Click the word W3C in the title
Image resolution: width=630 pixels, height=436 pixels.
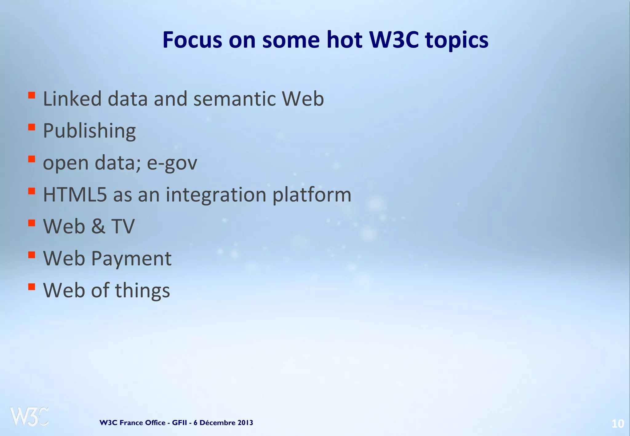click(394, 40)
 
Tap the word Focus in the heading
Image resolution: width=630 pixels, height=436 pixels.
click(192, 40)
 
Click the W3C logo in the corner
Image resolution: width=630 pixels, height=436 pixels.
click(29, 417)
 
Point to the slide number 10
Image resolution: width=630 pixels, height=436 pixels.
click(617, 424)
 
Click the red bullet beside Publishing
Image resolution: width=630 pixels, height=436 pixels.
click(31, 127)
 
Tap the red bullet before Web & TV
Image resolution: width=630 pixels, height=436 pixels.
click(31, 223)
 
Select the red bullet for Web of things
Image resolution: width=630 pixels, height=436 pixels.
click(31, 287)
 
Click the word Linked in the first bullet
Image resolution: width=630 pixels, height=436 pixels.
click(72, 99)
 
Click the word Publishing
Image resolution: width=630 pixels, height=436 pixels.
click(89, 131)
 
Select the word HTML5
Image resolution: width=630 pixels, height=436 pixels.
click(75, 195)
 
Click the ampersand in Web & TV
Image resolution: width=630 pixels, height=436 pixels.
click(98, 226)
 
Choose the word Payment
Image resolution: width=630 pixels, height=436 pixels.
click(131, 259)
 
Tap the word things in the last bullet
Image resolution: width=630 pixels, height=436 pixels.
click(142, 291)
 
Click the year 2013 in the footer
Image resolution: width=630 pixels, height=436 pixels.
click(245, 423)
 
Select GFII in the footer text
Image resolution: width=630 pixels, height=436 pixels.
click(179, 423)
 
